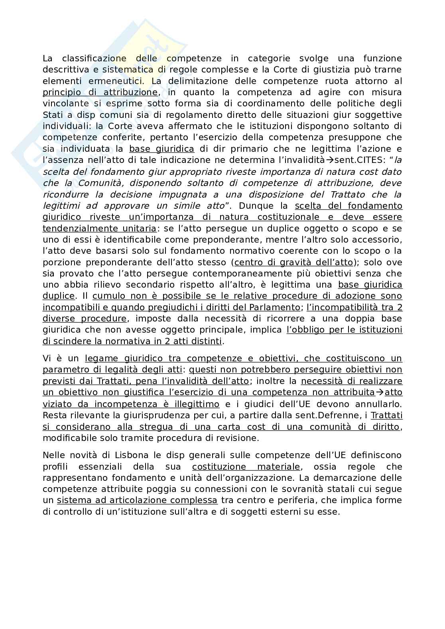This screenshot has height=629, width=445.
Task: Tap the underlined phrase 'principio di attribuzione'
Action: coord(100,92)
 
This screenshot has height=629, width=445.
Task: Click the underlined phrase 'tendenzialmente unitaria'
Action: coord(99,229)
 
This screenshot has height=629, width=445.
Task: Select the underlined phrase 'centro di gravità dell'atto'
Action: coord(293,263)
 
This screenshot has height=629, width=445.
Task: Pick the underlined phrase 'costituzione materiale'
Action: coord(246,467)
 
